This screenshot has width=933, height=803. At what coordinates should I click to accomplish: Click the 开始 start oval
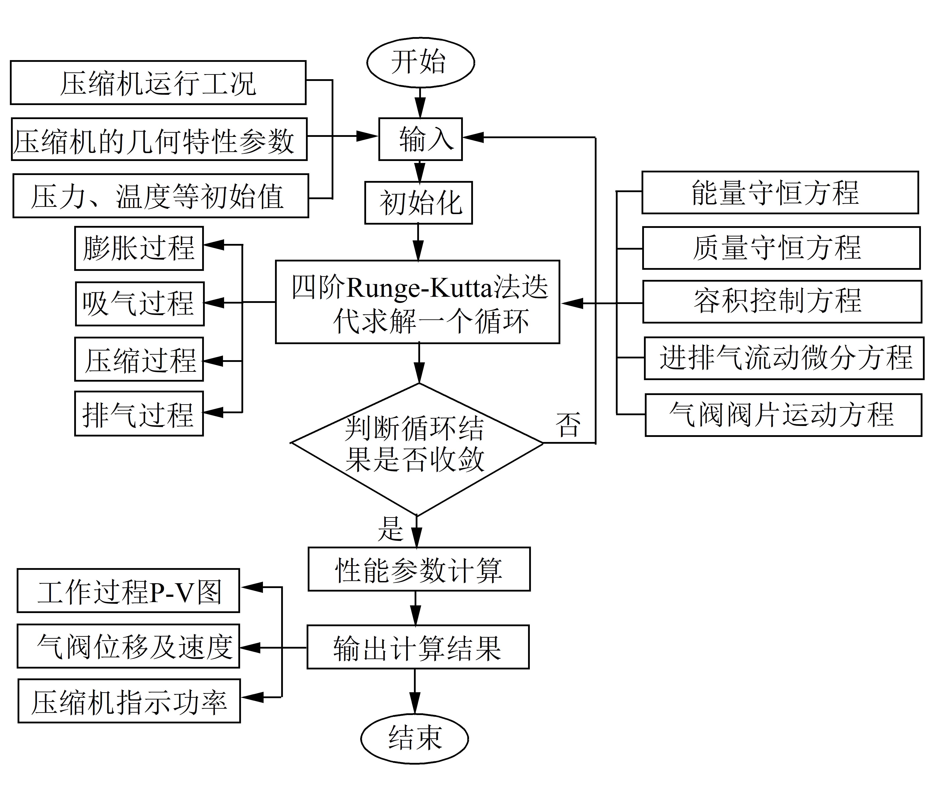(420, 62)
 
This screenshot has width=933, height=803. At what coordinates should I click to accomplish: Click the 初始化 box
(418, 202)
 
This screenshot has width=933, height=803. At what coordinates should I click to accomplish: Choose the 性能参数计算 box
(419, 569)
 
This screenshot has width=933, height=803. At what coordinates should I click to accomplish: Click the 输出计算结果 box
(418, 647)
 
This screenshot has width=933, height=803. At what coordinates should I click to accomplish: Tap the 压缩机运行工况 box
(158, 83)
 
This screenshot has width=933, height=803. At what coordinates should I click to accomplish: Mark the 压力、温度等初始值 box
(161, 196)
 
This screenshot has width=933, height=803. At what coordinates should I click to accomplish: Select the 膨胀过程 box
(139, 248)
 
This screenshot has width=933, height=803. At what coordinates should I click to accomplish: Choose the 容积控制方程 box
(782, 302)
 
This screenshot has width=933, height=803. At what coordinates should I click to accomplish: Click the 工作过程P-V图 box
(128, 590)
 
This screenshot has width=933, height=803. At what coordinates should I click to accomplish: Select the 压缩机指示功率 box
(129, 701)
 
